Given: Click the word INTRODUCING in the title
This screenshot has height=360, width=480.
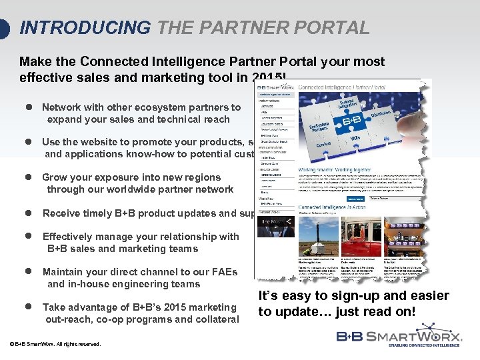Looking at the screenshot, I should [85, 28].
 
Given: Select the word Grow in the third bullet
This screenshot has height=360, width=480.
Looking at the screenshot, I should [55, 177].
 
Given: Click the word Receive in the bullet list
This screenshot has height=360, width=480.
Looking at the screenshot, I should [63, 213].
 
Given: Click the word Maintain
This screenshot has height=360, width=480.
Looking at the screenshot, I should [65, 272].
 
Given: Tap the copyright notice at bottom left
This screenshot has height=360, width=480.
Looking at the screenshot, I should [55, 345].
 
